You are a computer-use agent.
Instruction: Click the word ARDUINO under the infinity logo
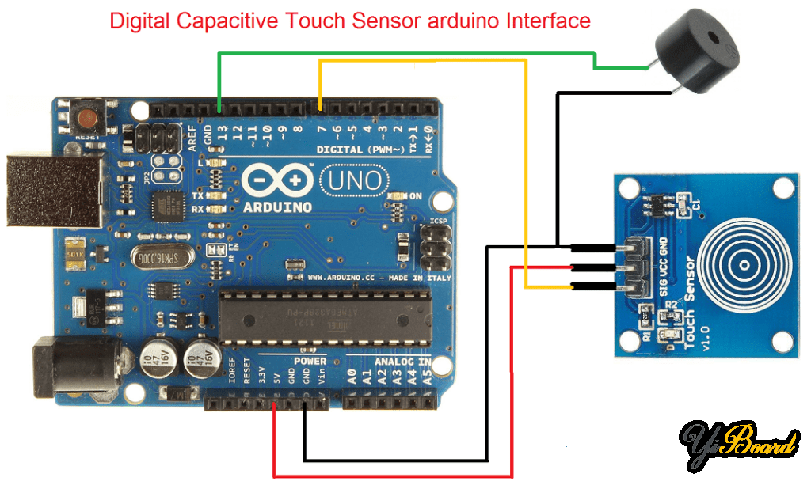pyautogui.click(x=277, y=207)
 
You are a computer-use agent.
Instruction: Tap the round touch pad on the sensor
pyautogui.click(x=744, y=260)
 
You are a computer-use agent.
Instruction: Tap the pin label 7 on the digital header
pyautogui.click(x=321, y=128)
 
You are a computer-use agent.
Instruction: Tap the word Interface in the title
pyautogui.click(x=548, y=21)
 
